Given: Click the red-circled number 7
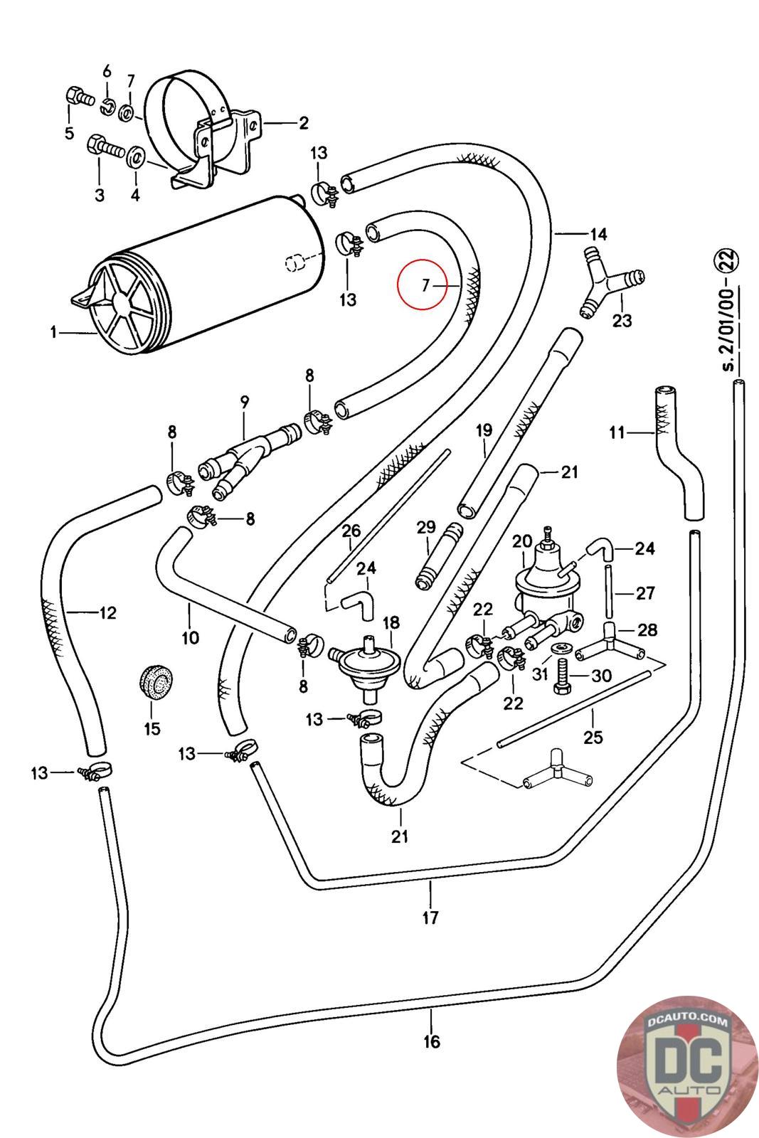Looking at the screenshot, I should tap(425, 286).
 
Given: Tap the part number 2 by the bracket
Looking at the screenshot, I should tap(304, 123).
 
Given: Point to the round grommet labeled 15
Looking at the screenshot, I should tap(152, 682).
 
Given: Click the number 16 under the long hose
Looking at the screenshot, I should tap(431, 1041).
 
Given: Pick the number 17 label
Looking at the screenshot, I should tap(430, 918).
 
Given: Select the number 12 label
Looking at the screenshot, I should tap(107, 612).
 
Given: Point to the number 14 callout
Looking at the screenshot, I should tap(597, 233).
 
